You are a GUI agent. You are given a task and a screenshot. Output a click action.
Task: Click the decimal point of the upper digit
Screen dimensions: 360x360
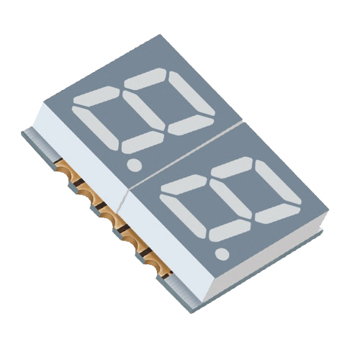tap(133, 165)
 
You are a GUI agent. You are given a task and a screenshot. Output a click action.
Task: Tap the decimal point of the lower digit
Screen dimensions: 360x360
tap(223, 253)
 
